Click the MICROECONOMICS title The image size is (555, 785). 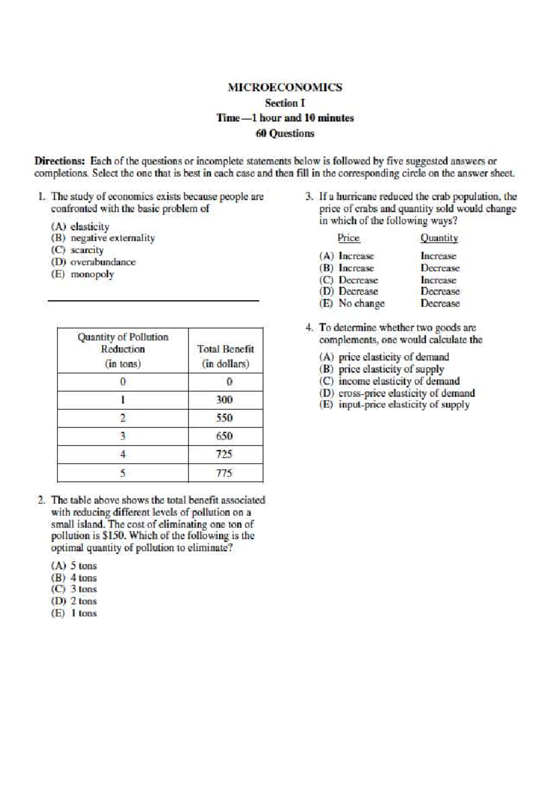tap(285, 87)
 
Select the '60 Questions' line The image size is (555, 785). tap(285, 134)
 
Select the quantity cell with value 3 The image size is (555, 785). tap(123, 436)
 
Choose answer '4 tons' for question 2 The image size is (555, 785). tap(83, 578)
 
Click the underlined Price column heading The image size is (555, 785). tap(348, 238)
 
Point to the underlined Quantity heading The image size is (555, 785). tap(439, 238)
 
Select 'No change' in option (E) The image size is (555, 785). tap(361, 304)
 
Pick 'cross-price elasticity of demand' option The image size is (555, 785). tap(406, 393)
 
